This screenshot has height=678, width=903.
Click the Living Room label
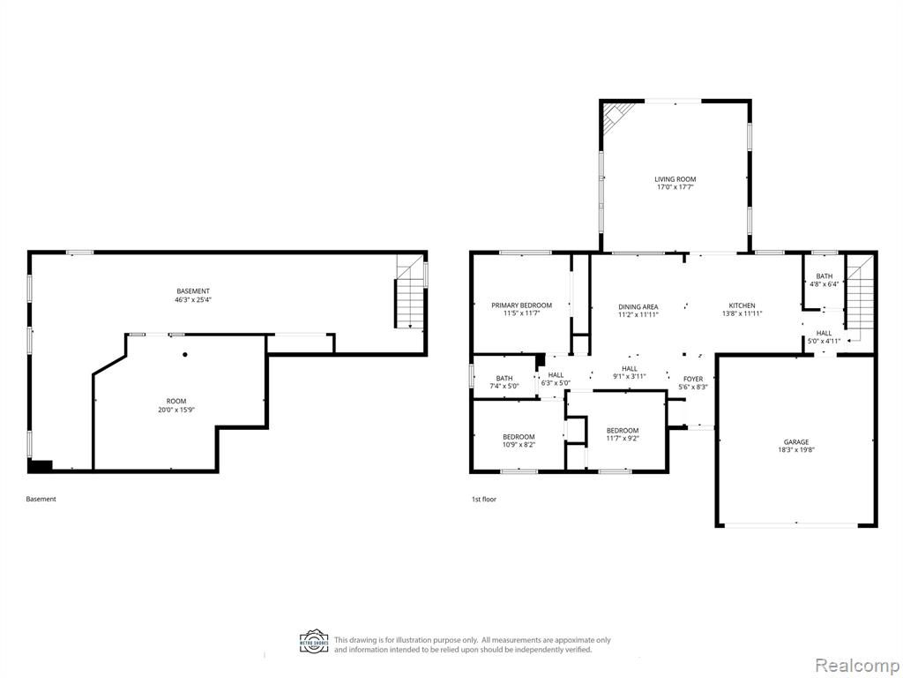click(675, 184)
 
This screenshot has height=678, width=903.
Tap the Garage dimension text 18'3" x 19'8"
click(797, 451)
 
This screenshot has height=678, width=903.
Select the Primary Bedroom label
click(521, 310)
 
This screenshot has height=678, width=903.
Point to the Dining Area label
click(638, 311)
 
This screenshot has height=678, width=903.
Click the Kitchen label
click(742, 310)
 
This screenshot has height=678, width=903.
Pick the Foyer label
click(693, 383)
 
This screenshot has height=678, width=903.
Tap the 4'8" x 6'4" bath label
click(825, 280)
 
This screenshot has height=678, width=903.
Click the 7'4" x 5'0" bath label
click(504, 382)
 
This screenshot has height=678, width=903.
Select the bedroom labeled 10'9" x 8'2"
click(519, 441)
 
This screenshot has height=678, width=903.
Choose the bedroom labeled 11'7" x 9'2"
click(623, 434)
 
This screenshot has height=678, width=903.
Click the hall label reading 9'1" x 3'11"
click(630, 373)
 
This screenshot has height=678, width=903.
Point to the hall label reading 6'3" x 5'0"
click(556, 379)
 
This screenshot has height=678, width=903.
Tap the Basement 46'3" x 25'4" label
click(193, 295)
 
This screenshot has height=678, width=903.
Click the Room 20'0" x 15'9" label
click(176, 405)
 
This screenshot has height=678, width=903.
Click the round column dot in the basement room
click(185, 355)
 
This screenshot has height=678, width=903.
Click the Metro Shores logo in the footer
click(314, 641)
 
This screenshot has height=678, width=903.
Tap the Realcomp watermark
click(854, 665)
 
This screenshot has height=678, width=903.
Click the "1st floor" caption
click(484, 500)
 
